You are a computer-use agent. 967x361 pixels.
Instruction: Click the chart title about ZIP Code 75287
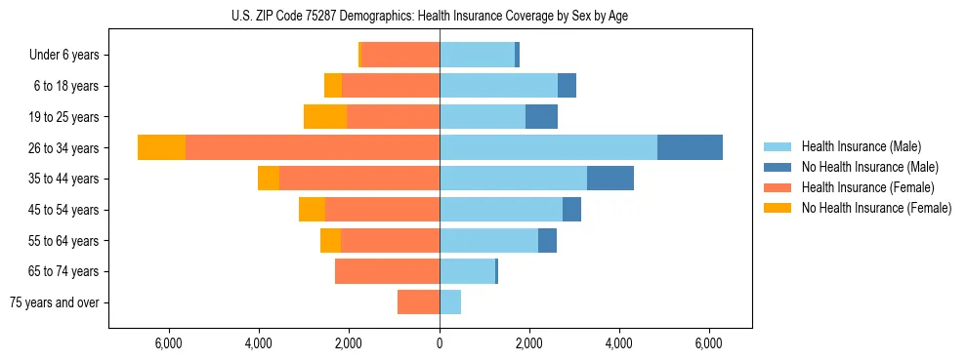pyautogui.click(x=430, y=16)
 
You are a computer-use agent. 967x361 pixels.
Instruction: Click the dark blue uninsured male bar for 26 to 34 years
pyautogui.click(x=690, y=147)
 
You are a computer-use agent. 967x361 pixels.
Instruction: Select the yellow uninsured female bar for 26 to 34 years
pyautogui.click(x=161, y=147)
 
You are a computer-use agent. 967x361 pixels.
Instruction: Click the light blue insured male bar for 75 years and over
pyautogui.click(x=450, y=302)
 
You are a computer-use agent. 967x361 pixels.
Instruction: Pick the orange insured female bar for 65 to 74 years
pyautogui.click(x=387, y=271)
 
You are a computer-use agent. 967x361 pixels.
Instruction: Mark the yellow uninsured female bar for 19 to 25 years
pyautogui.click(x=325, y=117)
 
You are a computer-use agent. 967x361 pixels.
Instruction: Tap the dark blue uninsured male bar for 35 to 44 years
pyautogui.click(x=610, y=179)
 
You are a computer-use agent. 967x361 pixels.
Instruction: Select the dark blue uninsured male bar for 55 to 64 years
pyautogui.click(x=547, y=241)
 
